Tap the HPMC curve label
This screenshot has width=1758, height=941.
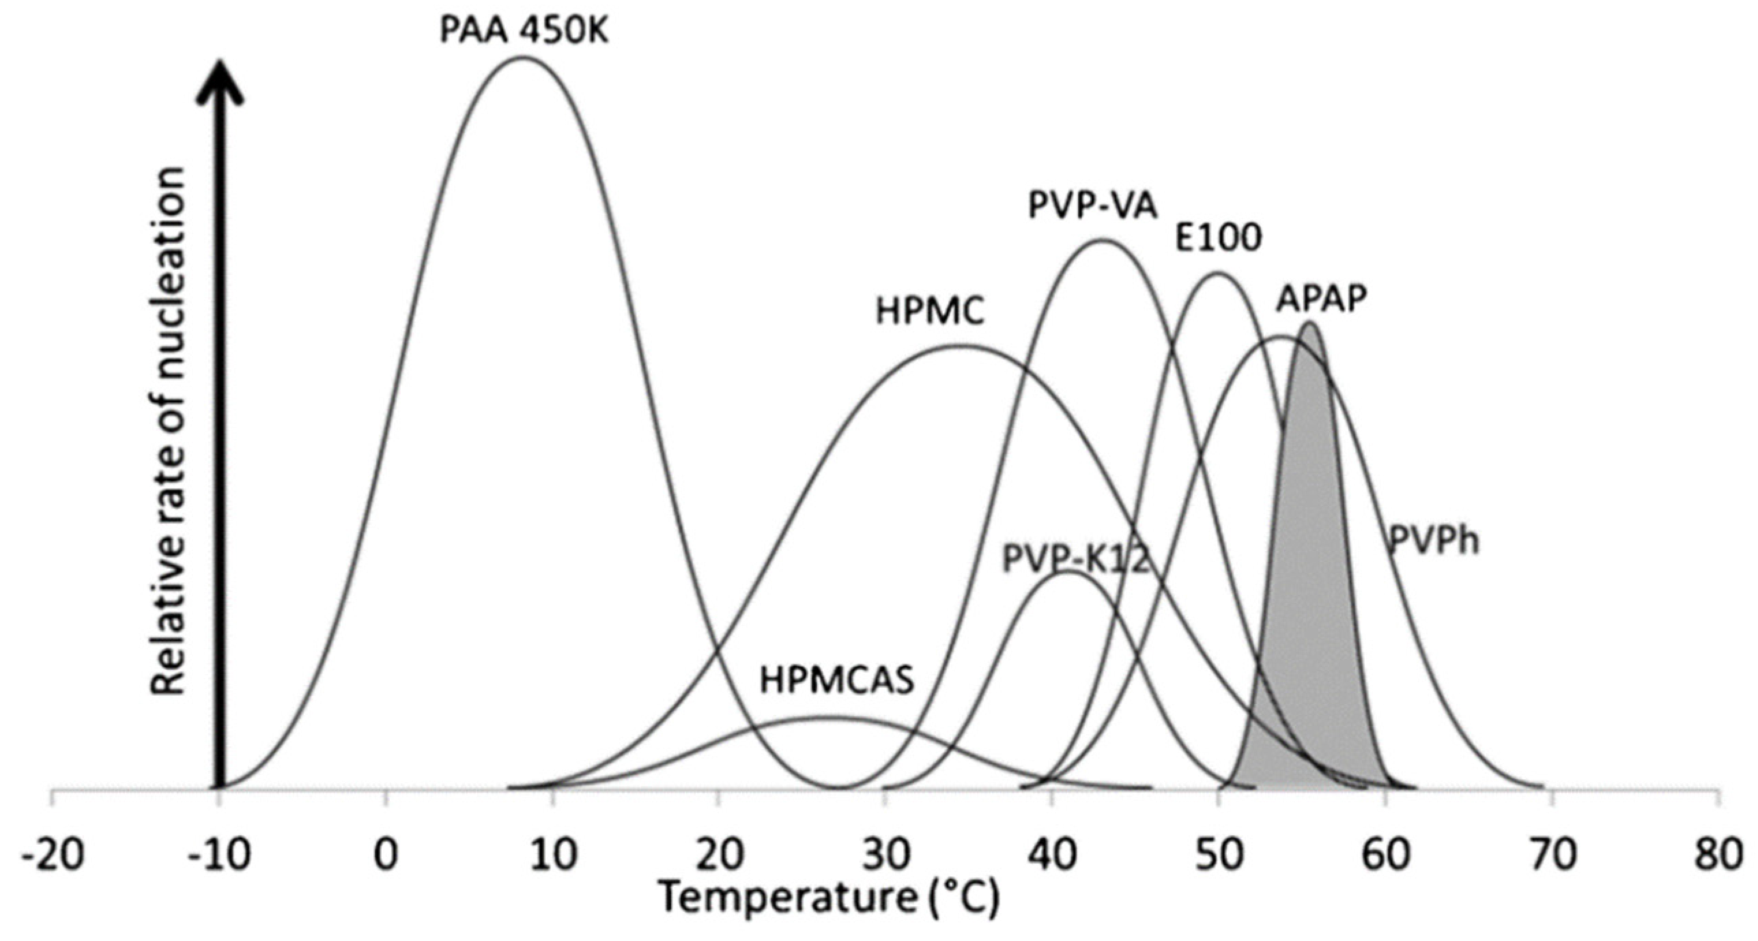(931, 311)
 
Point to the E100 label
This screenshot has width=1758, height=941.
(1218, 239)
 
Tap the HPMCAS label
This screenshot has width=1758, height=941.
(837, 682)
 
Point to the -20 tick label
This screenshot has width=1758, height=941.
(53, 855)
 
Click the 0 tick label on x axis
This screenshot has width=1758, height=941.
(386, 855)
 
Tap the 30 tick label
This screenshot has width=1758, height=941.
(885, 855)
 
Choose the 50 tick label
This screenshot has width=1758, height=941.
(1219, 855)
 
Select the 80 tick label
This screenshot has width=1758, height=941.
(1718, 855)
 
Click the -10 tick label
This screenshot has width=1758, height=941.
(220, 855)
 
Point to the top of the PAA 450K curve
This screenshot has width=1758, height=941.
(522, 57)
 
